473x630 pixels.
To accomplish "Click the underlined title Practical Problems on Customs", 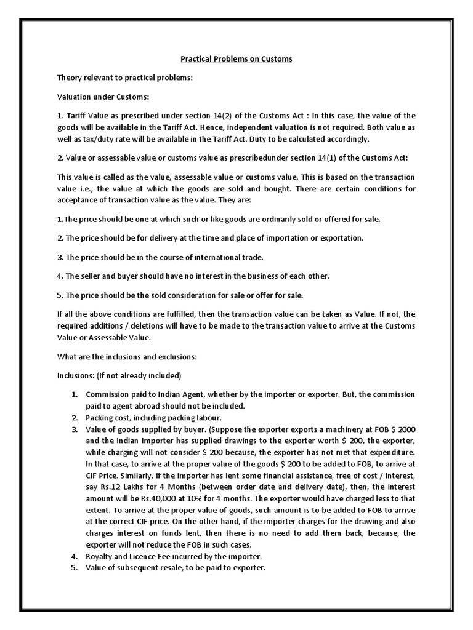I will coord(236,59).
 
